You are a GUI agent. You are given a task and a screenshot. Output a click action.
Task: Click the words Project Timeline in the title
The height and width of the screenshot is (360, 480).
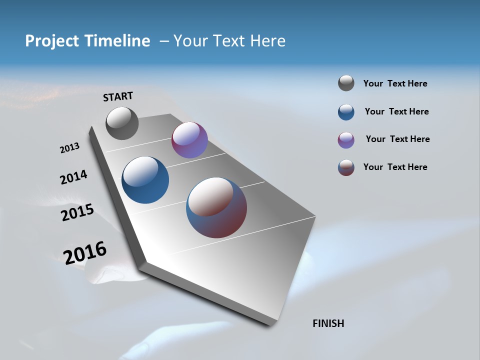pos(87,41)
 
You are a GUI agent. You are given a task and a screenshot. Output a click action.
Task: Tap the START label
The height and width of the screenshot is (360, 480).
pos(118,96)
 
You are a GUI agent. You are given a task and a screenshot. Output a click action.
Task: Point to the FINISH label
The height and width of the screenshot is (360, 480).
pos(328,323)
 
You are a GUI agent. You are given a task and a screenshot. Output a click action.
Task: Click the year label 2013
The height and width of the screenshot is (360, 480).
pos(69,148)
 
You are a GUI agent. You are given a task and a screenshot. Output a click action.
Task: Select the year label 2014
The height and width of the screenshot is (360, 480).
pos(73,177)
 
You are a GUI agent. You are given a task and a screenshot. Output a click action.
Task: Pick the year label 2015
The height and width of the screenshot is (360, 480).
pos(77,212)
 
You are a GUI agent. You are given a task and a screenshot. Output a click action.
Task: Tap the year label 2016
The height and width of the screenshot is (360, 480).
pos(85,252)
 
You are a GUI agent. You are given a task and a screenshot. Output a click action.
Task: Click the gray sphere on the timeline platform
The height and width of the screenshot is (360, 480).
pos(122,123)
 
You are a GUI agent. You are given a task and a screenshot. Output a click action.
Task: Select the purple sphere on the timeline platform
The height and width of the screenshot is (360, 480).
pos(189,140)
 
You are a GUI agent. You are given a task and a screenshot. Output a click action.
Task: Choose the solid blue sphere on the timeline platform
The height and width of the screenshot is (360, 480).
pos(145,180)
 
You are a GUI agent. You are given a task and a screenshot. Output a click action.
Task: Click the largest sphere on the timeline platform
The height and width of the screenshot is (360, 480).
pos(216,207)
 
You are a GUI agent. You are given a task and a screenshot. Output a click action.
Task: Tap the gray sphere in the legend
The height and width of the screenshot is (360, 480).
pos(346,83)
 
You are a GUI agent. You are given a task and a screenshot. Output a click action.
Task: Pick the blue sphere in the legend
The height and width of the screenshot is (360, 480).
pos(346,112)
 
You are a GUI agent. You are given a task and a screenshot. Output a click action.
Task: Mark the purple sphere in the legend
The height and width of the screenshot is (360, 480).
pos(346,140)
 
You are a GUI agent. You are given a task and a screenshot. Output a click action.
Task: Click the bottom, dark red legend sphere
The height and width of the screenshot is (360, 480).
pos(346,167)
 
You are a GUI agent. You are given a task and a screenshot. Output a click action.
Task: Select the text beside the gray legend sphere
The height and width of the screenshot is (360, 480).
pos(395,84)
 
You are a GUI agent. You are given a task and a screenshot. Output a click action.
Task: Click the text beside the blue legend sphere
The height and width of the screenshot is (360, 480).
pos(396,111)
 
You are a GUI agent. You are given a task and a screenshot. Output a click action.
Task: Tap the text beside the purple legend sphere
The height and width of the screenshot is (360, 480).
pos(397,139)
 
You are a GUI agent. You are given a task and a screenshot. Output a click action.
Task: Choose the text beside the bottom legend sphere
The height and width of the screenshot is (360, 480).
pos(395,167)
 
